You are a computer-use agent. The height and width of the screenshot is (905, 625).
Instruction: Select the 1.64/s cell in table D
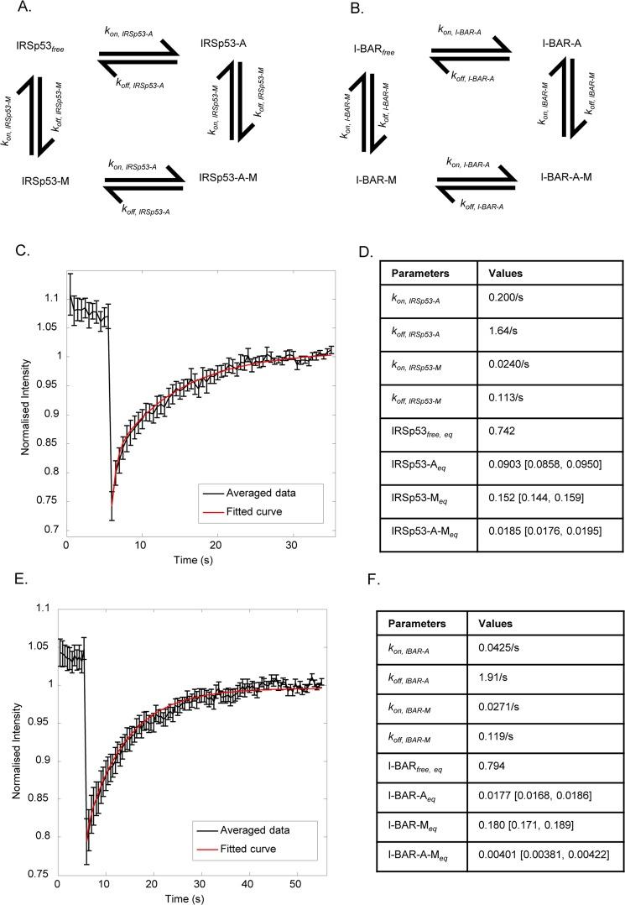[500, 343]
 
